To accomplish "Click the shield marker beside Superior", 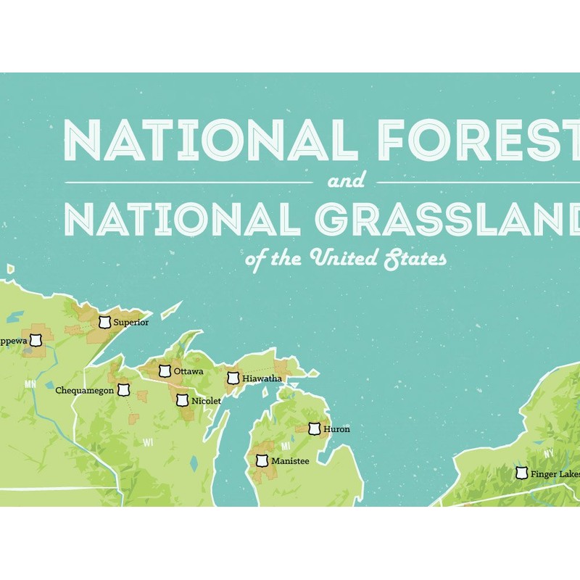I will click(x=106, y=322).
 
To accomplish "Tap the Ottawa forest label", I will click(x=188, y=372).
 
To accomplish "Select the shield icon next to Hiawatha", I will click(x=233, y=378).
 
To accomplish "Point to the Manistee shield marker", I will click(x=262, y=460).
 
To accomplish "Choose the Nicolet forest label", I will click(x=207, y=399).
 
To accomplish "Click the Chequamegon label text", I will click(x=86, y=391).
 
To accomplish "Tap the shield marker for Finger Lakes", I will click(x=521, y=473).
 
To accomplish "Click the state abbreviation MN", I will click(x=30, y=384).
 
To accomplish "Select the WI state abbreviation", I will click(x=148, y=442).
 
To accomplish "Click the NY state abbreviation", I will click(x=550, y=454).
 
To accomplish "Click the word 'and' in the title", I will click(x=346, y=181).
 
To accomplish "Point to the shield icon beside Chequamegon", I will click(x=125, y=391).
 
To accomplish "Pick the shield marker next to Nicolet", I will click(x=182, y=399).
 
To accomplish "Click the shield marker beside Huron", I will click(x=315, y=429).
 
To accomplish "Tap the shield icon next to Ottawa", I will click(x=165, y=371).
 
